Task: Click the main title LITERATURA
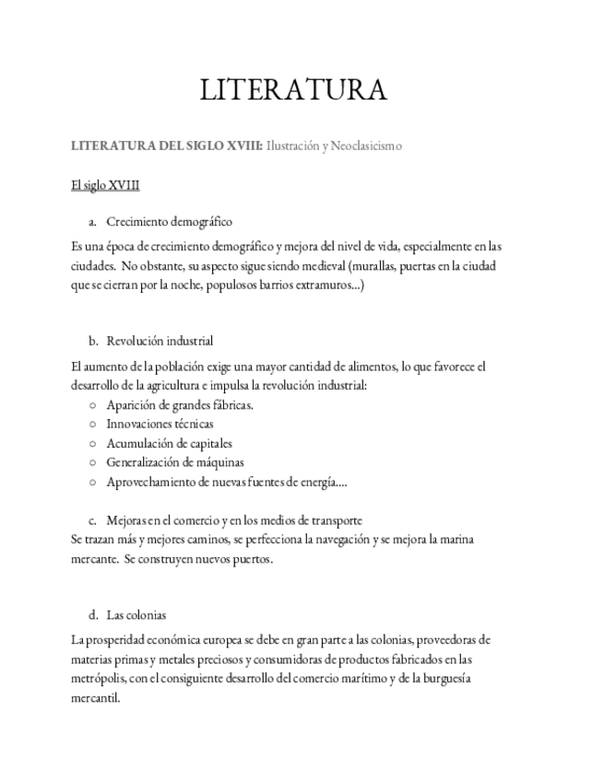pyautogui.click(x=293, y=90)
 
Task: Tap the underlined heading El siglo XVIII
pyautogui.click(x=105, y=185)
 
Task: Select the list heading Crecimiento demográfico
pyautogui.click(x=169, y=221)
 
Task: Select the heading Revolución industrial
pyautogui.click(x=160, y=341)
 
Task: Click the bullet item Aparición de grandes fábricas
pyautogui.click(x=180, y=404)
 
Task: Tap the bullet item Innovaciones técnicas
pyautogui.click(x=160, y=424)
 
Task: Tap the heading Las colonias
pyautogui.click(x=136, y=614)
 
